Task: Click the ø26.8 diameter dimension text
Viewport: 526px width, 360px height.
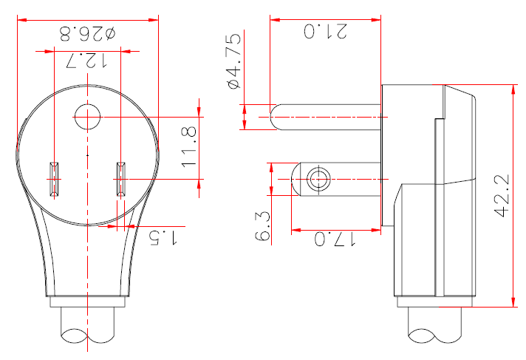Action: point(87,34)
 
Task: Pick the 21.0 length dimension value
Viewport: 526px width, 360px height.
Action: point(325,32)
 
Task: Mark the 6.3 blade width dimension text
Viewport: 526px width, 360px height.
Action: point(262,225)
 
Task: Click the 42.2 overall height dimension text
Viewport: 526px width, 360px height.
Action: point(503,196)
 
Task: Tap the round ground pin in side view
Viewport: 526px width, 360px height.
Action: point(325,116)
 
